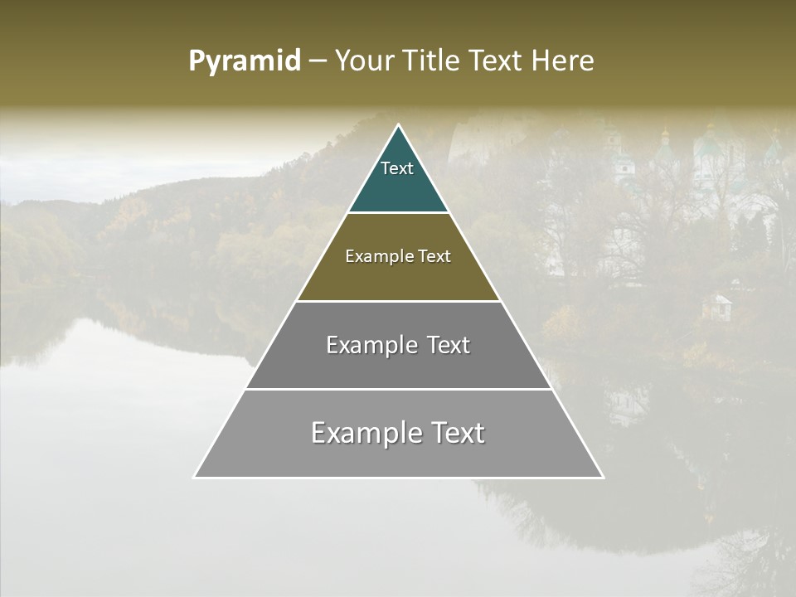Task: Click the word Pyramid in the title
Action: pyautogui.click(x=244, y=61)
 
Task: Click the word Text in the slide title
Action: pyautogui.click(x=498, y=61)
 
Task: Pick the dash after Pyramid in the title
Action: pyautogui.click(x=318, y=61)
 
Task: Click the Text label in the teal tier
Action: pyautogui.click(x=397, y=168)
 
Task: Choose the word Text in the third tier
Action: pyautogui.click(x=449, y=345)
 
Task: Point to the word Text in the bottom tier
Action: pyautogui.click(x=458, y=433)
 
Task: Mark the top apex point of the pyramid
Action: pyautogui.click(x=399, y=125)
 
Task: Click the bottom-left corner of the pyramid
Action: pyautogui.click(x=194, y=478)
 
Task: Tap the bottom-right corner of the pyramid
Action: pyautogui.click(x=603, y=478)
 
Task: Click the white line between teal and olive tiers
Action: pyautogui.click(x=398, y=213)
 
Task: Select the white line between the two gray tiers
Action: pyautogui.click(x=398, y=389)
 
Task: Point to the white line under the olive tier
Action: pyautogui.click(x=398, y=301)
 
